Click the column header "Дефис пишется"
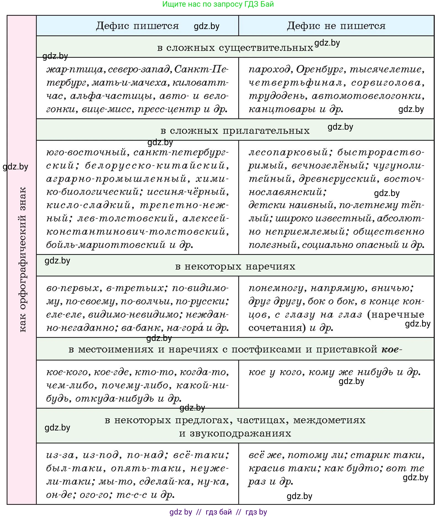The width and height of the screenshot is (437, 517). (x=137, y=26)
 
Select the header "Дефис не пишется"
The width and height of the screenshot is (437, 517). (x=336, y=26)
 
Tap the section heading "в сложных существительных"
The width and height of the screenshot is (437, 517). (x=235, y=48)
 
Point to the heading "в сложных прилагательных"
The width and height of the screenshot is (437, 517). (x=235, y=130)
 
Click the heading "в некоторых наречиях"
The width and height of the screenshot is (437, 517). (x=235, y=267)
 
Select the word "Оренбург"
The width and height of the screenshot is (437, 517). (x=321, y=69)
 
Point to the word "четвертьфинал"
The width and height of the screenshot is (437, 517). (x=295, y=83)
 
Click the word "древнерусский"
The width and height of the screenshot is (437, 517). (x=337, y=179)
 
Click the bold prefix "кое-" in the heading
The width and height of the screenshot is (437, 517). (x=391, y=350)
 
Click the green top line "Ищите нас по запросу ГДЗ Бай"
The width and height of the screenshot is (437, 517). (x=218, y=4)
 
